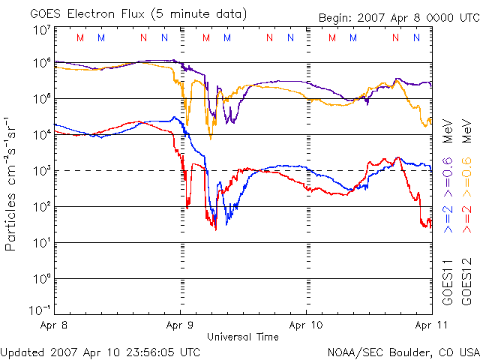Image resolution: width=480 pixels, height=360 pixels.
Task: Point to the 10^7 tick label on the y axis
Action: pyautogui.click(x=40, y=29)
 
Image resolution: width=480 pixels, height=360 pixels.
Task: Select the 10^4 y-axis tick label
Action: pyautogui.click(x=40, y=134)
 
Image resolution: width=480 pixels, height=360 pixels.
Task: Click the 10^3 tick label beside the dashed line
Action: pyautogui.click(x=40, y=170)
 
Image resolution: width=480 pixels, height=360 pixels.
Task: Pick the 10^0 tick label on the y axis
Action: pyautogui.click(x=40, y=278)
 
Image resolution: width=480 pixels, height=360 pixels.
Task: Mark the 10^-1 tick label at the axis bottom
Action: pyautogui.click(x=39, y=310)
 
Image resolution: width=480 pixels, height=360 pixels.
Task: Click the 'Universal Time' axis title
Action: pyautogui.click(x=242, y=337)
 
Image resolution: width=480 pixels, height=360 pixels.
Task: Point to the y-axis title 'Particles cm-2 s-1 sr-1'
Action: pyautogui.click(x=13, y=183)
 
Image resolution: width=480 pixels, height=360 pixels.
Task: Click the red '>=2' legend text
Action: pyautogui.click(x=466, y=218)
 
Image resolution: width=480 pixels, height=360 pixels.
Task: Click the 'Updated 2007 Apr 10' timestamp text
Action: pyautogui.click(x=100, y=351)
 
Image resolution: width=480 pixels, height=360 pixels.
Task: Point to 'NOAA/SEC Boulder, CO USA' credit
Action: pyautogui.click(x=403, y=351)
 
